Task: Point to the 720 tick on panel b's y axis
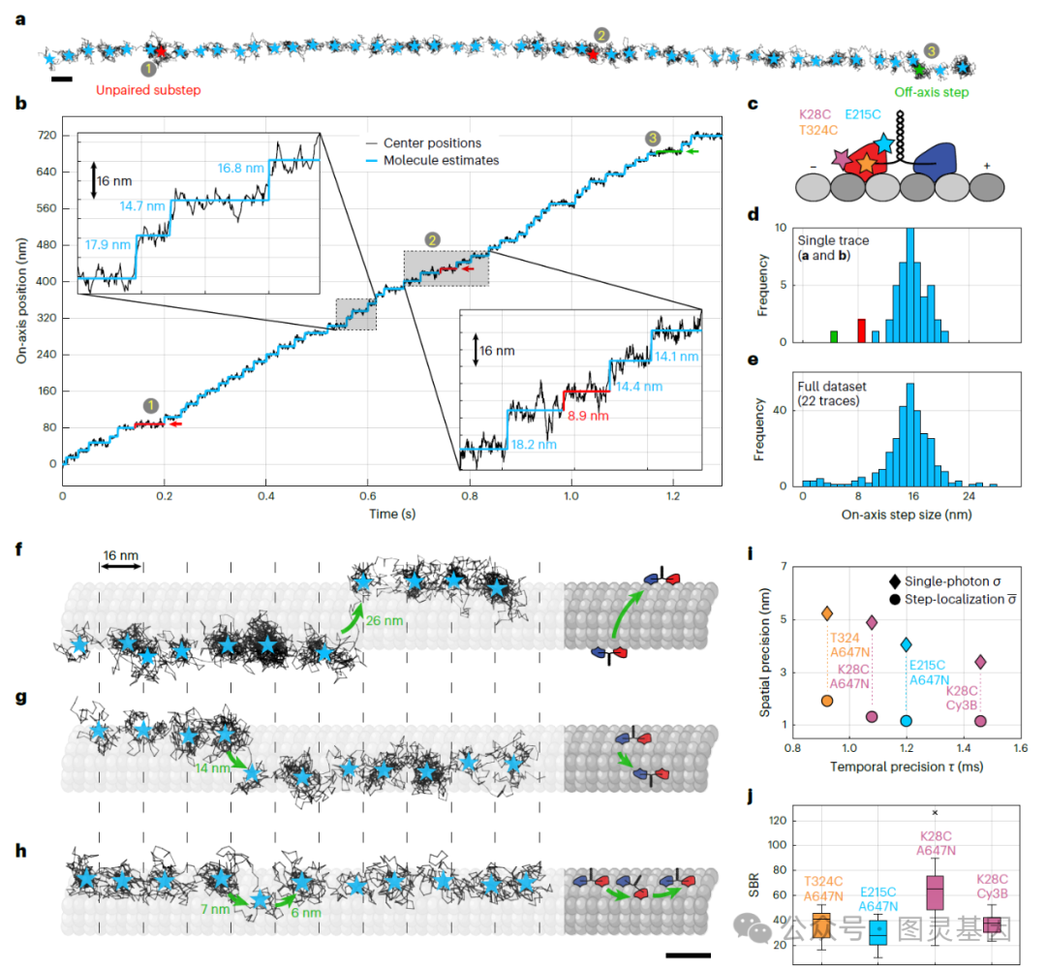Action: (44, 136)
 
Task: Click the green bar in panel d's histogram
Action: (833, 335)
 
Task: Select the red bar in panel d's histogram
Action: (861, 329)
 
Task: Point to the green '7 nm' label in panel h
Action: (213, 911)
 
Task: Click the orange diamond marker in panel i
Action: (827, 613)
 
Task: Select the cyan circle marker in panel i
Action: (907, 721)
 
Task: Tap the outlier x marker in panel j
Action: (935, 812)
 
